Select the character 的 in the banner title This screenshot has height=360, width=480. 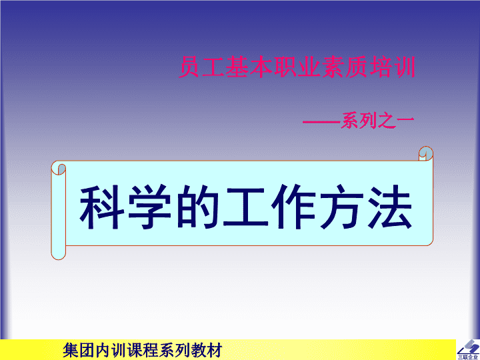[197, 207]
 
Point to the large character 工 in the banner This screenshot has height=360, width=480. [245, 207]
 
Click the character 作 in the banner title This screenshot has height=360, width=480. [293, 207]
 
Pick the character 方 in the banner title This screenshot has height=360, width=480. [341, 207]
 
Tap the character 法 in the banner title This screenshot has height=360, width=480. [389, 207]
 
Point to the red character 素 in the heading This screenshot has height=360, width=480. [333, 67]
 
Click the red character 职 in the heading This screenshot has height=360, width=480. [285, 67]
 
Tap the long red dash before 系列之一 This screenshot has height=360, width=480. [322, 122]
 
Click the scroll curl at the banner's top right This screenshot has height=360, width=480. [426, 153]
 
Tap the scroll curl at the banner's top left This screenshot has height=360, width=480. [59, 168]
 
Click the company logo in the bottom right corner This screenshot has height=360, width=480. [468, 350]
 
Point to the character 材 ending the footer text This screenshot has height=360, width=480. [214, 350]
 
